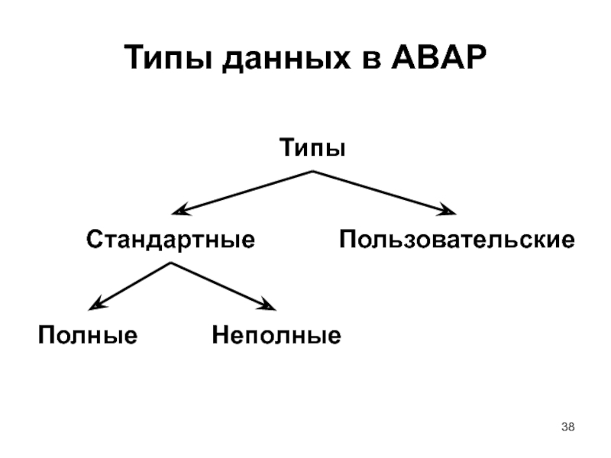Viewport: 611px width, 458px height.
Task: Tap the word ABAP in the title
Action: pyautogui.click(x=439, y=59)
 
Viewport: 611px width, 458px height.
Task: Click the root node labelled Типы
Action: pyautogui.click(x=312, y=147)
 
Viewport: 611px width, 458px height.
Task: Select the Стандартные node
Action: pyautogui.click(x=170, y=240)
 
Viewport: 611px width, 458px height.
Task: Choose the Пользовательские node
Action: pyautogui.click(x=457, y=240)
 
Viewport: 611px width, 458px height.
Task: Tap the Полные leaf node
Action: pyautogui.click(x=88, y=335)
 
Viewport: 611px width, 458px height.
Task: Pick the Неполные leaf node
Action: pyautogui.click(x=276, y=335)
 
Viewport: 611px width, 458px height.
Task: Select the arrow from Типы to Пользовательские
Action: pyautogui.click(x=382, y=192)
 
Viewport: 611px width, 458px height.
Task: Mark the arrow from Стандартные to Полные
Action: pyautogui.click(x=130, y=285)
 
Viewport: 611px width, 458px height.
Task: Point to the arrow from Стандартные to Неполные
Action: pyautogui.click(x=221, y=285)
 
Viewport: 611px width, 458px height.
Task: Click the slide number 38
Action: pyautogui.click(x=568, y=425)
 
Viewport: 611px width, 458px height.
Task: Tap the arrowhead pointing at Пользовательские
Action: pyautogui.click(x=451, y=211)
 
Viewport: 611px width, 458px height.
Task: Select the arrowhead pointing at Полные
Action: pyautogui.click(x=94, y=306)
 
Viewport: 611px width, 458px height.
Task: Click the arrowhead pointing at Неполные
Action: pyautogui.click(x=269, y=307)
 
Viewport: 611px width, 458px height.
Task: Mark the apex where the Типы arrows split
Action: pyautogui.click(x=312, y=172)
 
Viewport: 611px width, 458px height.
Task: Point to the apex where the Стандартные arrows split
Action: pyautogui.click(x=170, y=263)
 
